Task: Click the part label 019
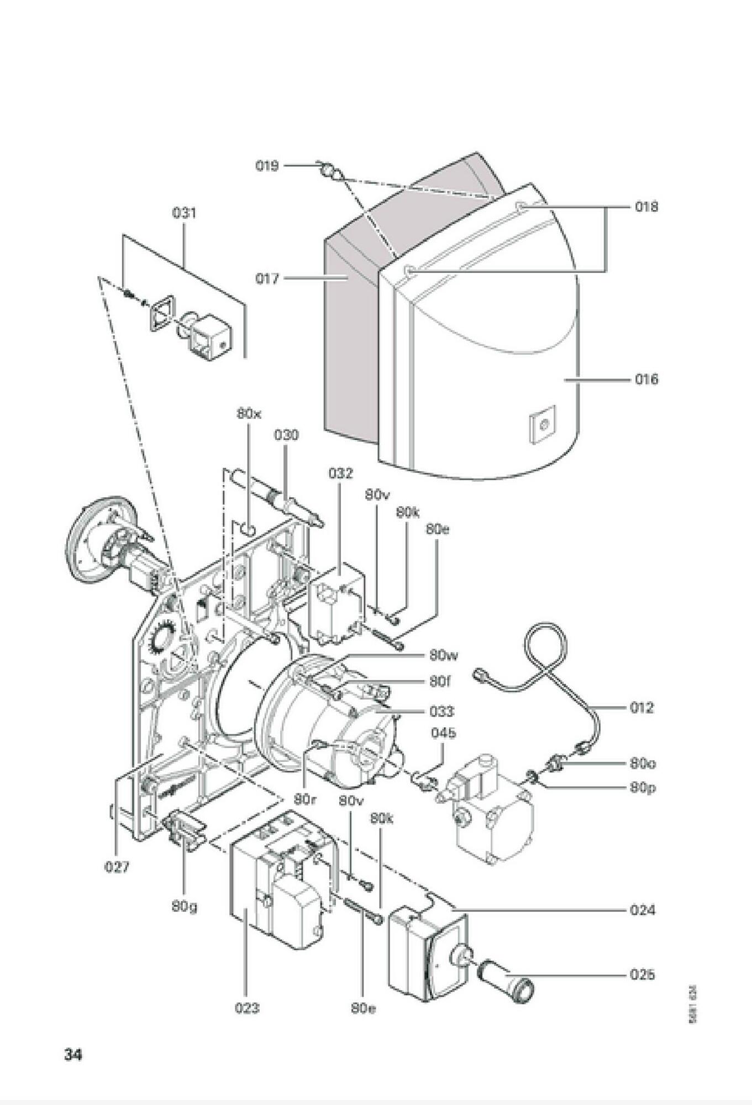coord(267,166)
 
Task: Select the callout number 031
coord(184,213)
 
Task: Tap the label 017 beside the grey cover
coord(267,279)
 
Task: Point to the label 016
coord(646,380)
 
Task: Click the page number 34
coord(73,1055)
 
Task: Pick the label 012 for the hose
coord(641,707)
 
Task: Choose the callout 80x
coord(249,413)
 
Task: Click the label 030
coord(286,435)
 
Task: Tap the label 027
coord(117,867)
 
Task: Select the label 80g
coord(184,907)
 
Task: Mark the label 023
coord(246,1008)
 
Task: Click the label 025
coord(642,975)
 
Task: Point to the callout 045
coord(444,733)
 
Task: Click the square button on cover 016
coord(542,424)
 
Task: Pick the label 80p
coord(643,787)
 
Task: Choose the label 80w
coord(444,656)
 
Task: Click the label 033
coord(442,711)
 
